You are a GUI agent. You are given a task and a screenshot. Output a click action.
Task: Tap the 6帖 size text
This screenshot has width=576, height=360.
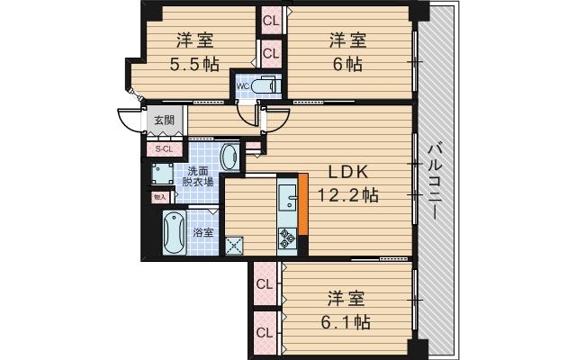346,64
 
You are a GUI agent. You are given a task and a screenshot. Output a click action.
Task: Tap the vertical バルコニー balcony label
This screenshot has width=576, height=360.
434,180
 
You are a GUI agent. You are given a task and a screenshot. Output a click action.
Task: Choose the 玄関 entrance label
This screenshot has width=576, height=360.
163,120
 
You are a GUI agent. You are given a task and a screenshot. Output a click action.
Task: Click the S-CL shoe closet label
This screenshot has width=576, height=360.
164,148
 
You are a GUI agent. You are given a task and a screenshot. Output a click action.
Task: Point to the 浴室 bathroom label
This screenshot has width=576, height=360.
203,232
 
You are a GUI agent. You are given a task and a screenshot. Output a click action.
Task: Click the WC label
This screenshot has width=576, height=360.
243,86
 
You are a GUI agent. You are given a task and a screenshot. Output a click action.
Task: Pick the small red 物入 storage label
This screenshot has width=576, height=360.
159,195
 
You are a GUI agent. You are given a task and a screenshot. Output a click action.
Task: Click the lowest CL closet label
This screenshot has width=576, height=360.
265,333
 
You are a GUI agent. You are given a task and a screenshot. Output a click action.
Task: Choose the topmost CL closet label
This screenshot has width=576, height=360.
271,19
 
